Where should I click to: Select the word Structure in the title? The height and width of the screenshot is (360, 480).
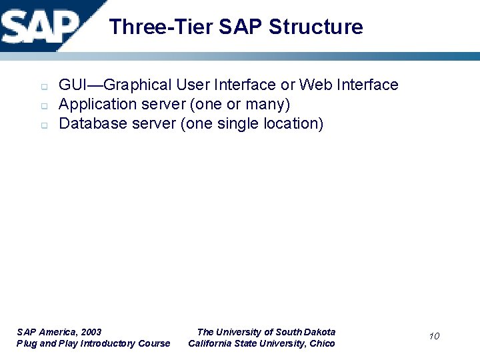[317, 27]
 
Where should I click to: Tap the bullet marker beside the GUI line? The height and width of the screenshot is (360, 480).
[42, 87]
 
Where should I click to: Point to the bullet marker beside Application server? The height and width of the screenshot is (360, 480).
[42, 106]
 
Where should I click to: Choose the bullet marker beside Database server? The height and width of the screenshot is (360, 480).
[42, 125]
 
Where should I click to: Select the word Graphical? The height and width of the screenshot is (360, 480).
[139, 85]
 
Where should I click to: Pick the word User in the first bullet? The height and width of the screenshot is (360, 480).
[193, 85]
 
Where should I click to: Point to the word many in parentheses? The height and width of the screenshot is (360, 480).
[267, 105]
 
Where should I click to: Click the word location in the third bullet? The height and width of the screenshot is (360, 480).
[293, 124]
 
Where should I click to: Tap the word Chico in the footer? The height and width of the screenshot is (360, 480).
[322, 343]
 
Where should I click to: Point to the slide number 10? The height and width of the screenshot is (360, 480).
[434, 336]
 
